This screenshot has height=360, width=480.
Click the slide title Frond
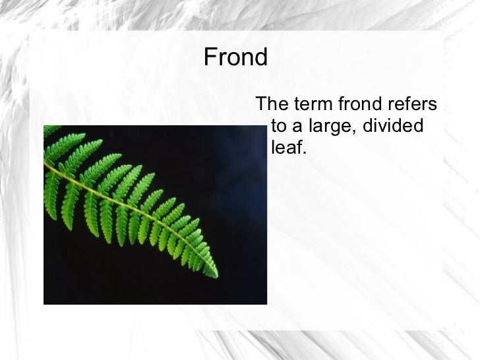click(x=235, y=58)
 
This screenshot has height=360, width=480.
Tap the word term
click(x=313, y=104)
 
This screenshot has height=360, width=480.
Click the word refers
click(x=413, y=104)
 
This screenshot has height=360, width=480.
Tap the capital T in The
click(x=261, y=104)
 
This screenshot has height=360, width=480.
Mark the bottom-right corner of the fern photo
click(x=266, y=303)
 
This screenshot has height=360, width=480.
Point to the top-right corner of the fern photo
click(x=266, y=127)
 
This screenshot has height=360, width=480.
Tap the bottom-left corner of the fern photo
click(x=45, y=303)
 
